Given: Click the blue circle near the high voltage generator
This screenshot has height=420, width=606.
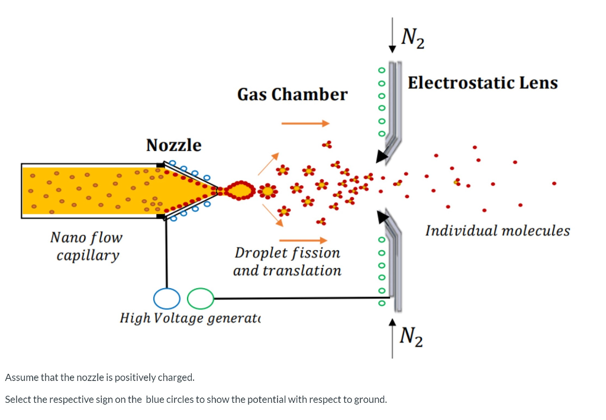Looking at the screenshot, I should pos(166,299).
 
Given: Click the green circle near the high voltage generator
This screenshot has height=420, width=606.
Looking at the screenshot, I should pos(201,299).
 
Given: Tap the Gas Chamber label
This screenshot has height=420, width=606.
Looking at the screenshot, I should pos(292,95).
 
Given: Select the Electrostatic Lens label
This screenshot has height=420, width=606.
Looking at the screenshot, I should pos(482,83).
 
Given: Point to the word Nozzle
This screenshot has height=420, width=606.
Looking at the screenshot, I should pos(173,145).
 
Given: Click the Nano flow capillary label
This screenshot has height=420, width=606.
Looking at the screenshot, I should pos(87,246).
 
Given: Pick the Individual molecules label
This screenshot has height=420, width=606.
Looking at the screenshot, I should pos(497,231).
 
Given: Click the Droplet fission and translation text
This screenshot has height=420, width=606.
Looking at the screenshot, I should pos(287,261).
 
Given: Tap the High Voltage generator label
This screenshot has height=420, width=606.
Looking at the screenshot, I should pos(191,318).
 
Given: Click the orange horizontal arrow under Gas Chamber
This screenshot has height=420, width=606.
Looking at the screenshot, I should pos(305,124).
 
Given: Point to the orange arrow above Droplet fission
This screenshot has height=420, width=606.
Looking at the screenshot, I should pos(302,240).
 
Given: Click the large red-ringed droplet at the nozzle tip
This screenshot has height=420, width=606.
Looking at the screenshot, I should pos(240,190).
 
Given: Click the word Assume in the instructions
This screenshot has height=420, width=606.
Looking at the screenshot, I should pos(21,377).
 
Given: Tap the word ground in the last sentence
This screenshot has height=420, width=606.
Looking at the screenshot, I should pos(369,399).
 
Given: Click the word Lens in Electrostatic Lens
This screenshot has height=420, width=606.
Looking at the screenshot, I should pos(539,83).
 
